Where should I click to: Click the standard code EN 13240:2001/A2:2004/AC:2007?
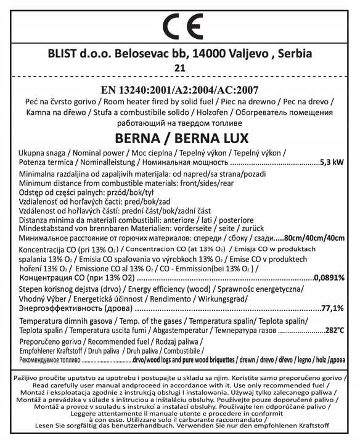(179, 88)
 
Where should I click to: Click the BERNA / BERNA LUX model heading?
(179, 137)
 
